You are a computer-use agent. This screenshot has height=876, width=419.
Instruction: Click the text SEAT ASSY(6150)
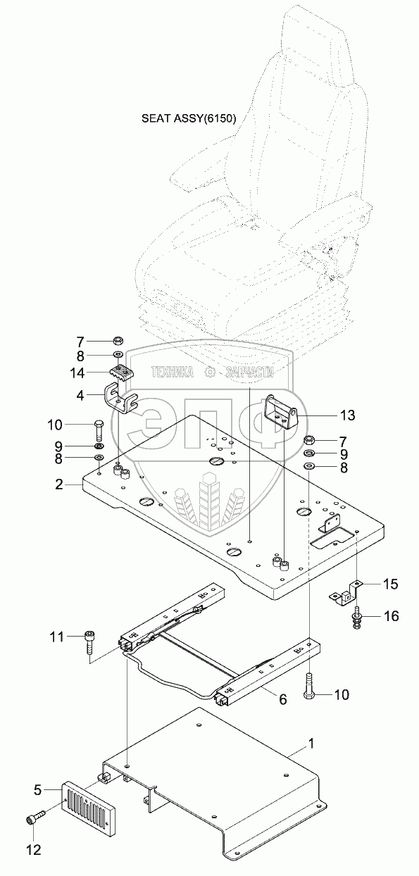pos(189,118)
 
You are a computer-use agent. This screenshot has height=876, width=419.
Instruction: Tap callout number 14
pos(77,373)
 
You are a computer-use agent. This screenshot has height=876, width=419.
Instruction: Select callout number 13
pos(347,415)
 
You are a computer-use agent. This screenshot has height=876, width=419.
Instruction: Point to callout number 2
pos(58,484)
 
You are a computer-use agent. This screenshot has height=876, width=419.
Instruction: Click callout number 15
pos(390,584)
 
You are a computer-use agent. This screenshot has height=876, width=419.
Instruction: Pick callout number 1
pos(311,744)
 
